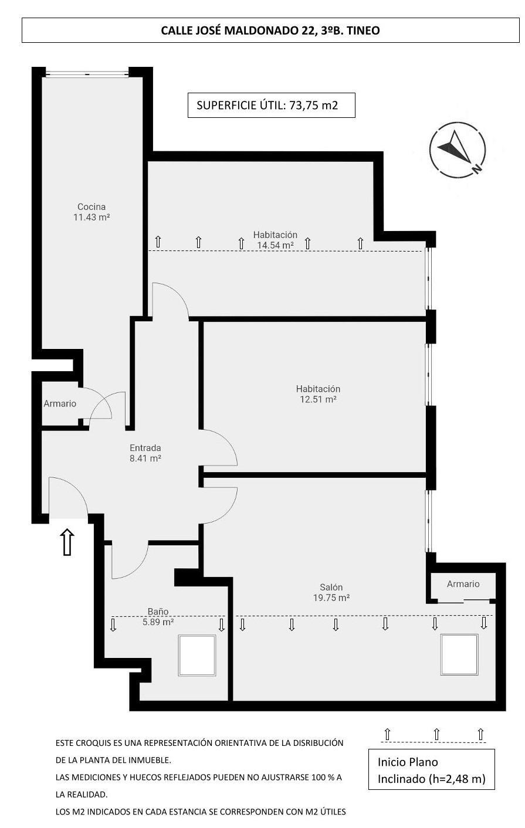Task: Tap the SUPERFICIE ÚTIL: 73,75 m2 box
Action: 271,106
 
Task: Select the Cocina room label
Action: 92,206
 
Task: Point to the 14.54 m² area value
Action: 275,245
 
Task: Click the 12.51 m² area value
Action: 318,399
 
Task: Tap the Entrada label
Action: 145,448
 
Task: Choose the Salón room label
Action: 331,587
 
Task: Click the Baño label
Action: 158,612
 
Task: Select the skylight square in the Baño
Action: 197,656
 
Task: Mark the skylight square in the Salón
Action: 460,654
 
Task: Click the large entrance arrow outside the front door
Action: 67,542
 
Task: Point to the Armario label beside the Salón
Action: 463,584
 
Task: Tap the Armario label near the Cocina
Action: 60,403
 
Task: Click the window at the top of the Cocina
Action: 87,74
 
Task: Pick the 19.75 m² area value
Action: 331,598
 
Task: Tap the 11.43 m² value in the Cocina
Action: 92,217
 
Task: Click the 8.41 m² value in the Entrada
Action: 145,459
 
